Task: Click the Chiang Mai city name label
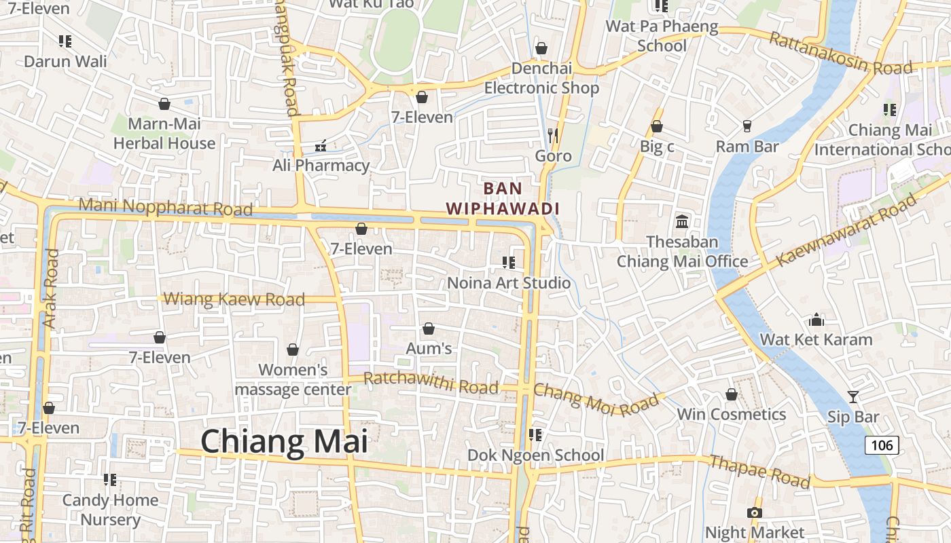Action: tap(284, 442)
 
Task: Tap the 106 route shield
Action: tap(882, 445)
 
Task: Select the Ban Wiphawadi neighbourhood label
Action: tap(503, 198)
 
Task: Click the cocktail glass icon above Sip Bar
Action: tap(853, 397)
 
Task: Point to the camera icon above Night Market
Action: tap(755, 512)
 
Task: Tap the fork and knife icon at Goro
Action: tap(553, 136)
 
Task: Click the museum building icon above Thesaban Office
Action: tap(681, 221)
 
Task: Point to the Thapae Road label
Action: tap(759, 472)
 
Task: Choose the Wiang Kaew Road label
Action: tap(234, 299)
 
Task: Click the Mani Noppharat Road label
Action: tap(166, 206)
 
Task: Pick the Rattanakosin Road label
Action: tap(840, 53)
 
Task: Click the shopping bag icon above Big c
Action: tap(656, 126)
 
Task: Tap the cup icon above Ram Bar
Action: tap(747, 126)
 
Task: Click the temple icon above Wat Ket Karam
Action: tap(816, 320)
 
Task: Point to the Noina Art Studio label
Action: tap(509, 282)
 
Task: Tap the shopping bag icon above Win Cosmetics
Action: tap(732, 394)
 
